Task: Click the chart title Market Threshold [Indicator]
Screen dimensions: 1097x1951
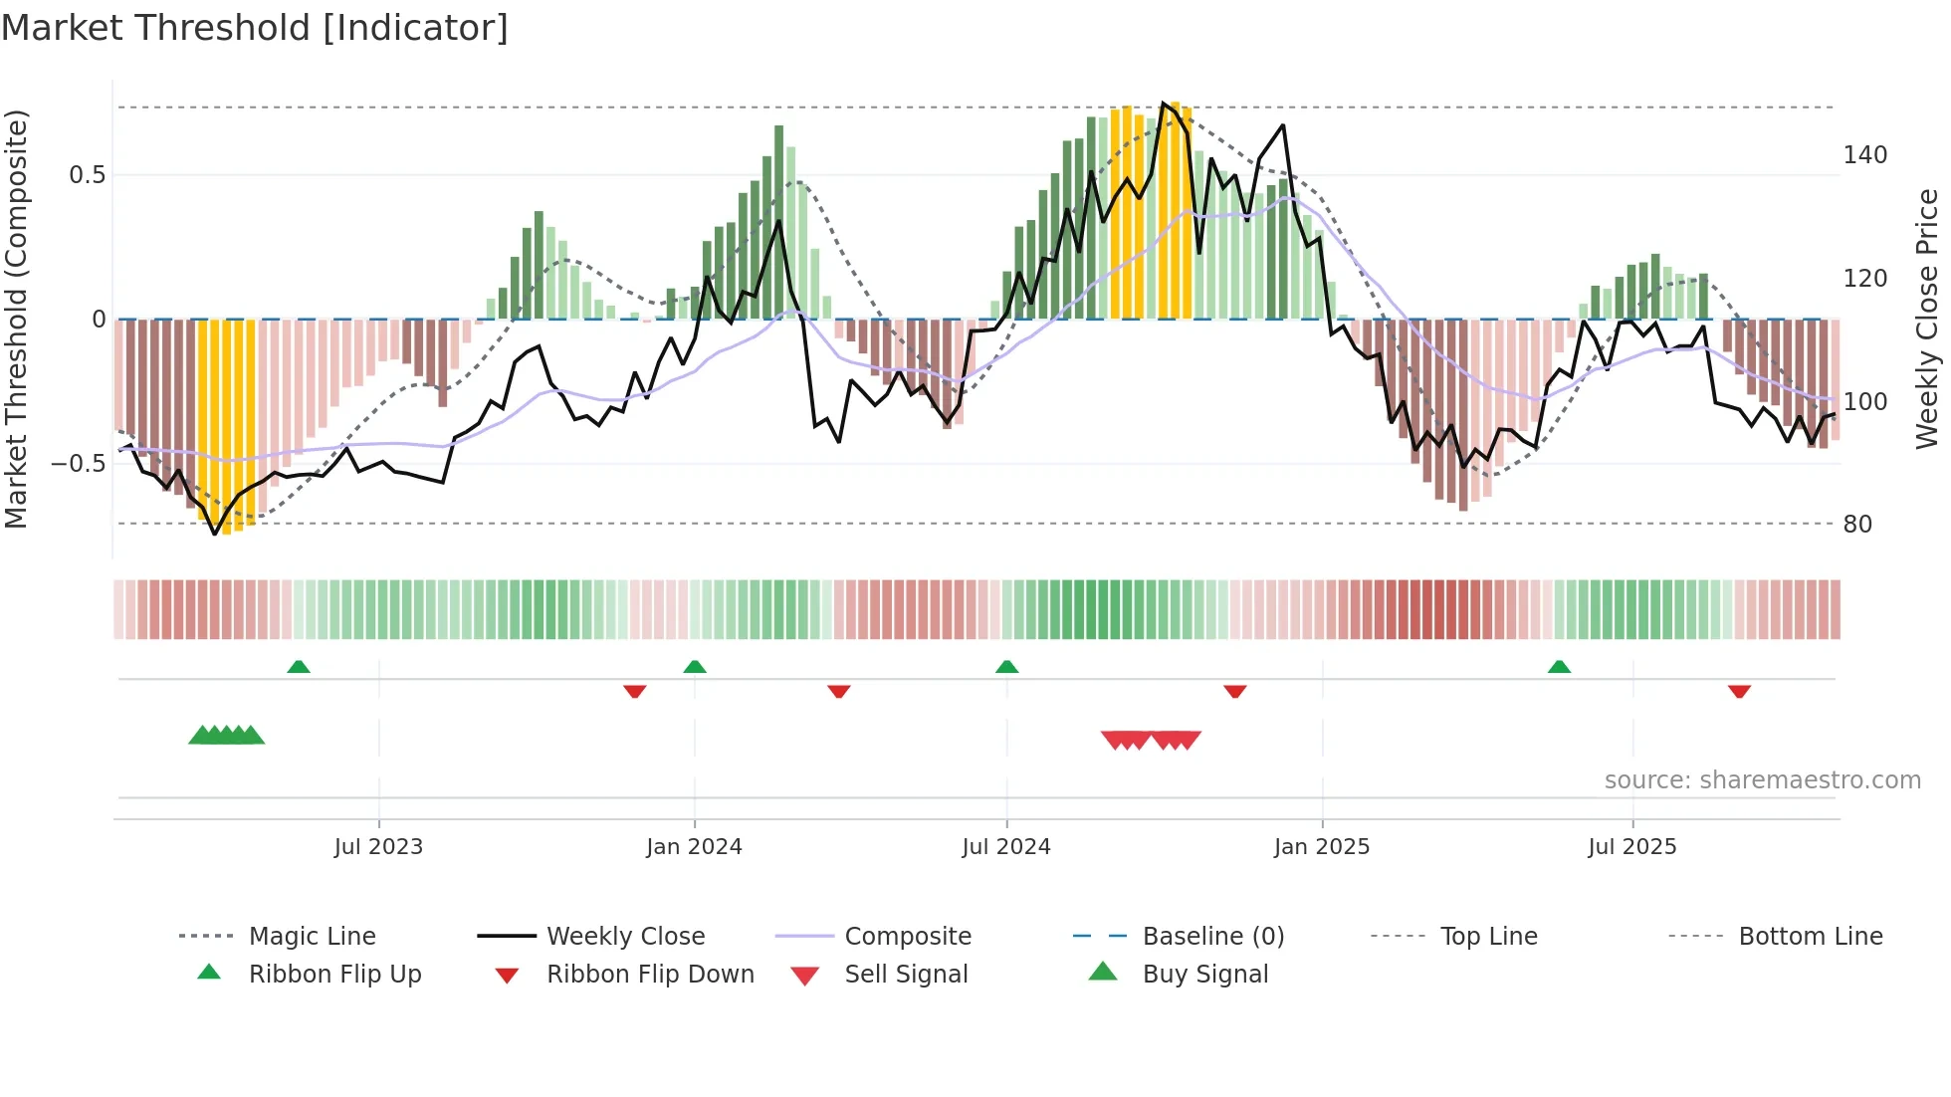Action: pos(255,28)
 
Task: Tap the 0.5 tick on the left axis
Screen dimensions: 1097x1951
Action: pos(88,175)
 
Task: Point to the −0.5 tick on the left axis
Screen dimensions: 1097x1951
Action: pos(79,464)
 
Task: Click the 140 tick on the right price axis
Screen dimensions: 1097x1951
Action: pos(1864,155)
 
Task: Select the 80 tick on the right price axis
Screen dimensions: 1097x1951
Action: pos(1856,525)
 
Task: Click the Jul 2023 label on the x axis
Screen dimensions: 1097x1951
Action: pos(378,847)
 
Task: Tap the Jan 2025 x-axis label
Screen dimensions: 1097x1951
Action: pos(1321,847)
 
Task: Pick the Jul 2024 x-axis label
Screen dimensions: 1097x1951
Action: pos(1005,847)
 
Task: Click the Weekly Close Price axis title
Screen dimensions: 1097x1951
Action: pos(1927,319)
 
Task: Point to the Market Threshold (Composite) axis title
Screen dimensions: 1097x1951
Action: pos(17,319)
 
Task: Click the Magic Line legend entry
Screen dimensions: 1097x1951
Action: pos(312,937)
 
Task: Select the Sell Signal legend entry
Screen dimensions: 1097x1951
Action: pos(906,975)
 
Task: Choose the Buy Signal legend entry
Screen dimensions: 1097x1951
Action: pos(1204,975)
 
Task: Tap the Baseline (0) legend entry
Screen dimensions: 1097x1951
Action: pos(1212,937)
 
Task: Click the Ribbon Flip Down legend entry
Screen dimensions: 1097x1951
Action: pos(650,975)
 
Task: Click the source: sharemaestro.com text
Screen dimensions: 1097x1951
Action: pos(1762,780)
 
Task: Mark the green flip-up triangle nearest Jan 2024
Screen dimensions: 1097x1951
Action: pos(695,667)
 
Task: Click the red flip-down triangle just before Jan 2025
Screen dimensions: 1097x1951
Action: pos(1235,691)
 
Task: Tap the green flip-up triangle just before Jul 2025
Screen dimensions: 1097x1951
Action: pos(1559,667)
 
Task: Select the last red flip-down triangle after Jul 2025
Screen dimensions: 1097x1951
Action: pos(1739,691)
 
